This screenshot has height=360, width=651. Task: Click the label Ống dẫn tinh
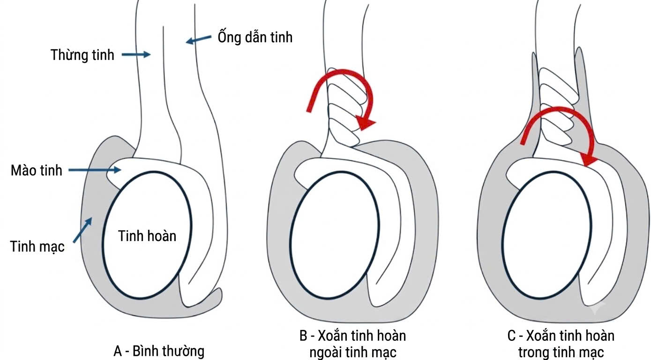(x=255, y=37)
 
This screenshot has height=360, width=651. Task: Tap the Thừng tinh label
(x=82, y=55)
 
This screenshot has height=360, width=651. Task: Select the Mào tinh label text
(x=37, y=170)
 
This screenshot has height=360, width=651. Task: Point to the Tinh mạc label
(x=37, y=247)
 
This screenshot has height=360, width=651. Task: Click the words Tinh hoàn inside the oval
(x=147, y=236)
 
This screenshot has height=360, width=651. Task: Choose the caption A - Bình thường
(x=159, y=351)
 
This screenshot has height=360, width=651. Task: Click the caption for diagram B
(x=353, y=344)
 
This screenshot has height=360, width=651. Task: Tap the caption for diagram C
(x=561, y=344)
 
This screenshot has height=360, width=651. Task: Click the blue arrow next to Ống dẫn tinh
(x=199, y=39)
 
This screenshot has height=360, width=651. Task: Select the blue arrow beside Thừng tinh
(x=136, y=54)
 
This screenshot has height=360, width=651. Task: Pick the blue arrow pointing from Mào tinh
(x=95, y=170)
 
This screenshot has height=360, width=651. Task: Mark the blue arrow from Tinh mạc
(x=82, y=230)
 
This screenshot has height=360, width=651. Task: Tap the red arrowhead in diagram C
(x=589, y=160)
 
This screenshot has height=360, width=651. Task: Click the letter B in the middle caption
(x=303, y=336)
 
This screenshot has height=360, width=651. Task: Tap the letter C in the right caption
(x=511, y=336)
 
